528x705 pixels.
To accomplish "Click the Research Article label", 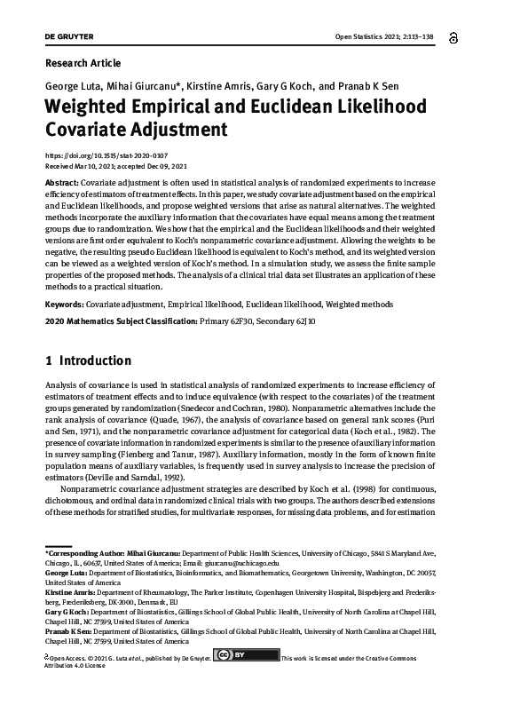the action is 82,63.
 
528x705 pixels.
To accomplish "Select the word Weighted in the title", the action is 97,107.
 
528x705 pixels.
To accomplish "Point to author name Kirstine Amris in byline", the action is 217,86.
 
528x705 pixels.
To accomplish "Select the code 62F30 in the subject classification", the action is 239,321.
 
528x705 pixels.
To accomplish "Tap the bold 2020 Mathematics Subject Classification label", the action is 120,321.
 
